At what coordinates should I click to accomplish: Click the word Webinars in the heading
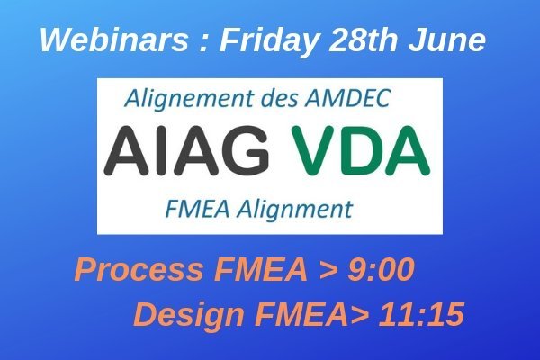(114, 40)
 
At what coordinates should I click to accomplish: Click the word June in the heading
(447, 40)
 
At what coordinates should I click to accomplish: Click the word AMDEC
(347, 98)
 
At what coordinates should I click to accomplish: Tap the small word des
(280, 98)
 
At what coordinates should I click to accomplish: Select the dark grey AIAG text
(186, 150)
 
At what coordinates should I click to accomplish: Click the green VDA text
(361, 150)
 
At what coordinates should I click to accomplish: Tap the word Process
(139, 269)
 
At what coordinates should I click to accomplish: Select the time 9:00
(381, 269)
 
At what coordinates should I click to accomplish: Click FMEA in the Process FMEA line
(261, 269)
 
